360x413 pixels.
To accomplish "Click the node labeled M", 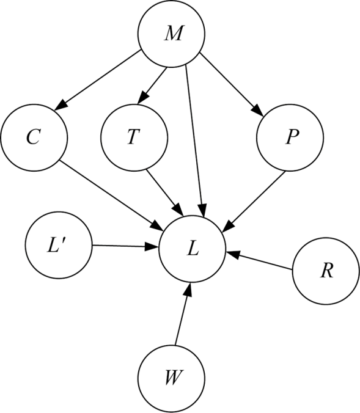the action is (171, 34).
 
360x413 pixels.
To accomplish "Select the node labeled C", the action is (34, 137).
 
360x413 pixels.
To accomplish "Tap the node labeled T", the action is (134, 137).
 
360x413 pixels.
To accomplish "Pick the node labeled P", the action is (290, 137).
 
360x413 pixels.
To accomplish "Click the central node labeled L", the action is (192, 249).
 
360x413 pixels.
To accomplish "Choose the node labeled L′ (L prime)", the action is (59, 245).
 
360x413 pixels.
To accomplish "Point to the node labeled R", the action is (326, 271).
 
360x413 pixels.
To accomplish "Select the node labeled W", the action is (171, 379).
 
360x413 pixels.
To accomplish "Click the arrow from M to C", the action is (97, 80).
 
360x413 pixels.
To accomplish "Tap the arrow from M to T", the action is (152, 86).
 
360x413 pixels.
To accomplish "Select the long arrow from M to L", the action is (194, 141).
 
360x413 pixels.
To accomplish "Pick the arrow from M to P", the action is (232, 84).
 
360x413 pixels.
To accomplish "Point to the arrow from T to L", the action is (165, 193).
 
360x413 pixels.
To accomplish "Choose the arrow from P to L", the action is (254, 202).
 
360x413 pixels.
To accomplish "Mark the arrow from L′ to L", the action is (125, 246).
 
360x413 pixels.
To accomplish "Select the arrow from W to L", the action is (182, 314).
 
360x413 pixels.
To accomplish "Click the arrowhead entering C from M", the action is (61, 104).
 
